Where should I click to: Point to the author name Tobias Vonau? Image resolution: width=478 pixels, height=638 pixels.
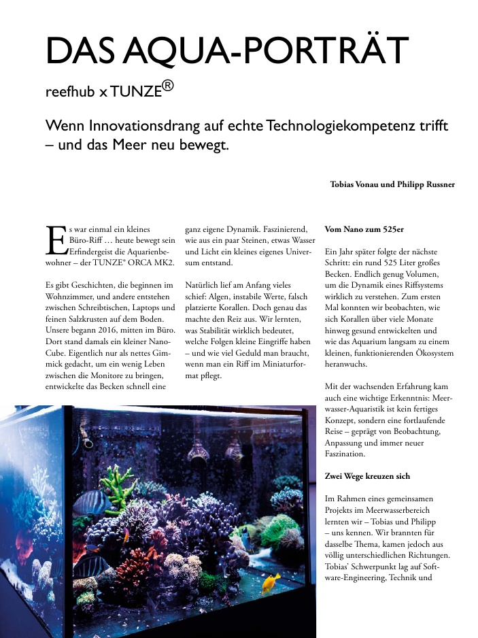[354, 184]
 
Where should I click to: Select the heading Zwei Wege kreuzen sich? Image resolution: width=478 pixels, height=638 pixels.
[371, 476]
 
